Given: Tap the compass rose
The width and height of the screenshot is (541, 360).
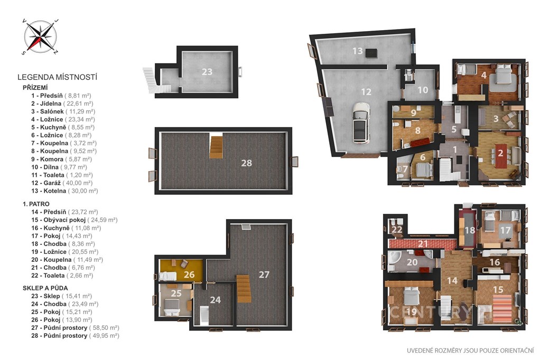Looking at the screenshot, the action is click(40, 36).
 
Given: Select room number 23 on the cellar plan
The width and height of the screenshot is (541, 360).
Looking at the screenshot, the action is click(207, 72).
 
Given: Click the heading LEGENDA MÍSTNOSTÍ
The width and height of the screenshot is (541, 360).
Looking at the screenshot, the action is click(57, 77).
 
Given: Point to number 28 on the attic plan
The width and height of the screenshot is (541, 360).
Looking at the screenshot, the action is click(246, 163).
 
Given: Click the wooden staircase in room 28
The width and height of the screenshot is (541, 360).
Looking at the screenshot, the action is click(216, 147).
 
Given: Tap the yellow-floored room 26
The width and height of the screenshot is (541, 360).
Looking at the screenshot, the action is click(181, 270).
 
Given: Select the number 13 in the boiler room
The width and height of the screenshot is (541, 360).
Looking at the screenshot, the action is click(358, 51).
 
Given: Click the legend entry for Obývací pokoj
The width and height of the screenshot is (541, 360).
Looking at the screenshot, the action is click(74, 220).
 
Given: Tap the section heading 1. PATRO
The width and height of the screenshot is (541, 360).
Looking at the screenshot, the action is click(36, 204).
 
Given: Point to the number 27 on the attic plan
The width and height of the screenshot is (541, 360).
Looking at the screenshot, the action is click(264, 274).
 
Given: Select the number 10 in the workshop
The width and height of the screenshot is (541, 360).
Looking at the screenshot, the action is click(423, 90).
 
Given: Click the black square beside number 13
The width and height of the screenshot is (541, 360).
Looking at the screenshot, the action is click(371, 53).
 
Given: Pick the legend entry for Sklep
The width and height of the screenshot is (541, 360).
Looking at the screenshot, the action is click(62, 296).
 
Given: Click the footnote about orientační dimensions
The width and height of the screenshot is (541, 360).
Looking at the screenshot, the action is click(470, 350).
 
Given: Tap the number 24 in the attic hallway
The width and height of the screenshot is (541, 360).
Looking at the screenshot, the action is click(216, 300).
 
